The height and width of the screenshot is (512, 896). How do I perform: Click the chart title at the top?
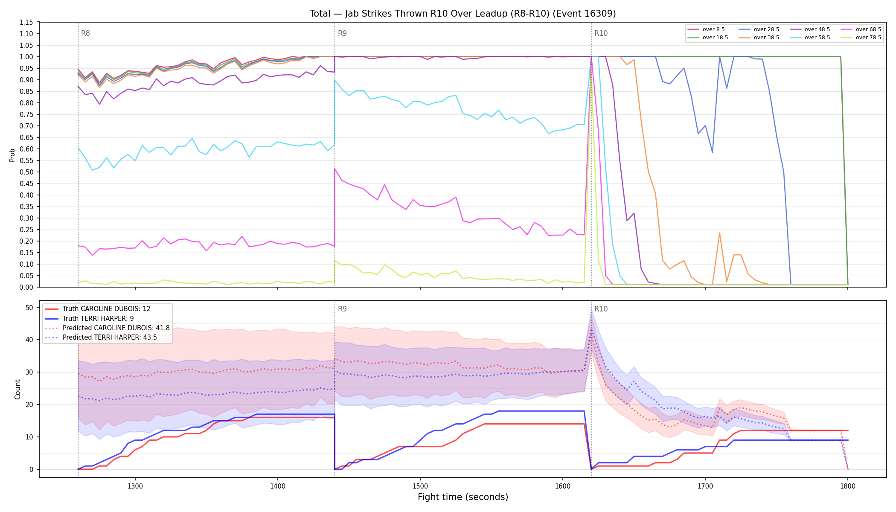[463, 14]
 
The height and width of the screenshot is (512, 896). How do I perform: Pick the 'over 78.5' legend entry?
[860, 38]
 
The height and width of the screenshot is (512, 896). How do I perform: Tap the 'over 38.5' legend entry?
[758, 38]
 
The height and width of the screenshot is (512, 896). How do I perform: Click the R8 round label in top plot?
[85, 33]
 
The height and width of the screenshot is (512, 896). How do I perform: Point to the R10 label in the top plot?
[601, 33]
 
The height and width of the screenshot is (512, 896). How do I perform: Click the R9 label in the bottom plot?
[342, 309]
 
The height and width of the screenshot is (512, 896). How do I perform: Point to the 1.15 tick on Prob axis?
[26, 22]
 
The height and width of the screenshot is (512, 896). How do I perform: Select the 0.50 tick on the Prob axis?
[26, 172]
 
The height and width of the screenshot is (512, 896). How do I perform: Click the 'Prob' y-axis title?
[12, 155]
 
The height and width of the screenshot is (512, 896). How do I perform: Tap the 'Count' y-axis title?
[17, 389]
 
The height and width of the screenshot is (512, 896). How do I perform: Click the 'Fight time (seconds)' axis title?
[463, 497]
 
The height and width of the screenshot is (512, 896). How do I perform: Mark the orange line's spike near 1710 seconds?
[719, 233]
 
